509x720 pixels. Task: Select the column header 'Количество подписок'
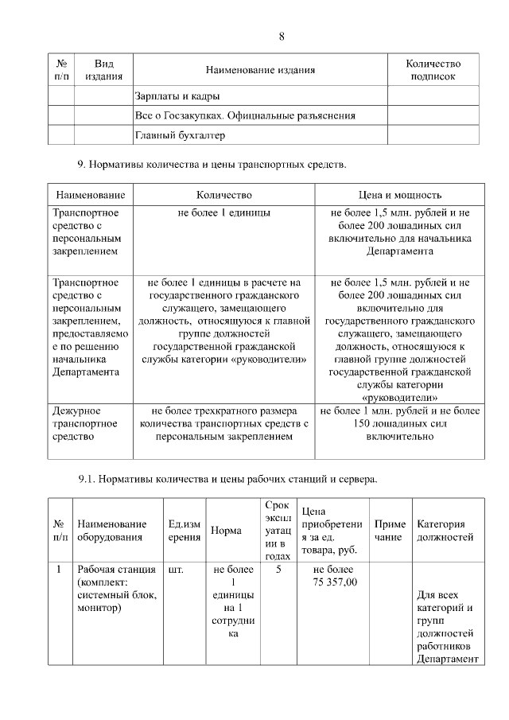click(x=433, y=70)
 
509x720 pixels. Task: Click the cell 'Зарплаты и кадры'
click(x=172, y=97)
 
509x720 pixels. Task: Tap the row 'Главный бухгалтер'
click(x=180, y=135)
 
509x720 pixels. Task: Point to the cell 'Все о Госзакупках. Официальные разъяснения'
click(x=244, y=116)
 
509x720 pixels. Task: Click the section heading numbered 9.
click(x=212, y=165)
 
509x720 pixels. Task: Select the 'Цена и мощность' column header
click(x=399, y=195)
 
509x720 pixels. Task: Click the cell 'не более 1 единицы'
click(x=223, y=214)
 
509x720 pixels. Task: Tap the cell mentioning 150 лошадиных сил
click(x=399, y=424)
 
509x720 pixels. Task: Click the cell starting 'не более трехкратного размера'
click(x=223, y=424)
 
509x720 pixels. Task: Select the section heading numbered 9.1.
click(x=227, y=480)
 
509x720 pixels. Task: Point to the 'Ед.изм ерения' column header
click(x=185, y=531)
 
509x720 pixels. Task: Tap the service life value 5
click(x=278, y=570)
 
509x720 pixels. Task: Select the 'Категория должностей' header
click(x=445, y=531)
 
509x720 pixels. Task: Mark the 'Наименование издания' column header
click(x=260, y=70)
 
